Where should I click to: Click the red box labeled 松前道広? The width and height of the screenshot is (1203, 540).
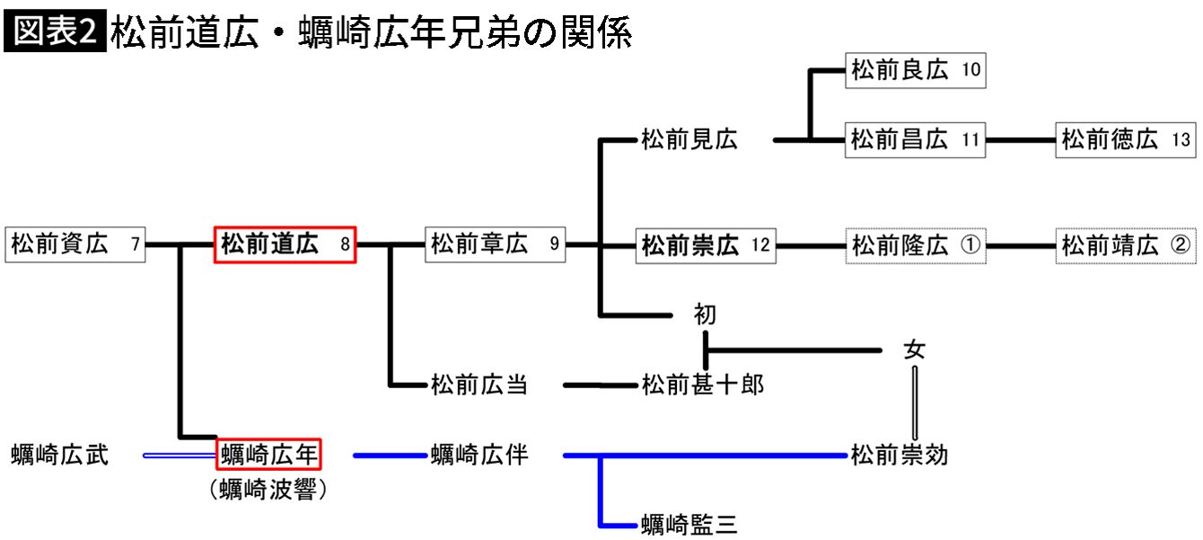[x=285, y=244]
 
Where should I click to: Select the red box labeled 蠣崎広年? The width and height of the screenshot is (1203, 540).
[x=269, y=455]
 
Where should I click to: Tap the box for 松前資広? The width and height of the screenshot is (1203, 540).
[x=75, y=244]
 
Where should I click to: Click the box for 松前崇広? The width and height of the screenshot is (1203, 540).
[x=706, y=244]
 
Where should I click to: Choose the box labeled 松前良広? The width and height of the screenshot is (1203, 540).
[x=916, y=70]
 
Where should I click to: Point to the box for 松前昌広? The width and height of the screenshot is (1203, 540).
[x=916, y=140]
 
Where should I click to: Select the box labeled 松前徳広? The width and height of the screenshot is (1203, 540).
[x=1126, y=140]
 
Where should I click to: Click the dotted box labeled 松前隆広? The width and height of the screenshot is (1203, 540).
[x=916, y=244]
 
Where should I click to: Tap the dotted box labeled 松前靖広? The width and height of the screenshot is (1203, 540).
[x=1126, y=244]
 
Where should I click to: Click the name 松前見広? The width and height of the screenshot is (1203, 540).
[x=689, y=140]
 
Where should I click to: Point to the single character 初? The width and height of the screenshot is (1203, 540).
[x=706, y=314]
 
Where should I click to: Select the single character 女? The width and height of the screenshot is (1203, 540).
[x=914, y=350]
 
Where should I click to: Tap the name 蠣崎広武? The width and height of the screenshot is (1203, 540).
[x=60, y=455]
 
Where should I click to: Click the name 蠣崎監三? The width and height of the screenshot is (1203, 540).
[x=689, y=525]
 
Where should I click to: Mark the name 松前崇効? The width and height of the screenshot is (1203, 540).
[x=900, y=455]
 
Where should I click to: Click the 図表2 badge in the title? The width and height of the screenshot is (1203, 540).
[x=55, y=33]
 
